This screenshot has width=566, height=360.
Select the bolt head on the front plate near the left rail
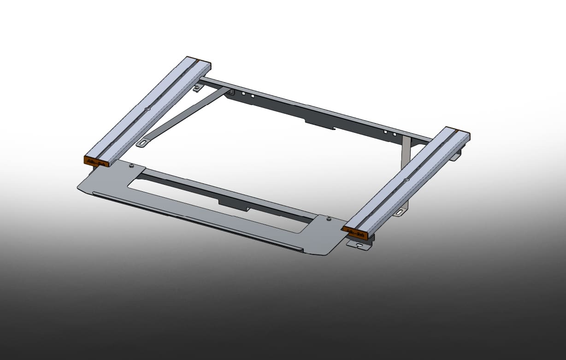[132, 165]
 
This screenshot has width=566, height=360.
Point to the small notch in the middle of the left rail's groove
[147, 109]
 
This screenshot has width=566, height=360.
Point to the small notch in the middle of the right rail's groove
[405, 179]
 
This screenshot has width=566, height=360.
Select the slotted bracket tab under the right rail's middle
[400, 212]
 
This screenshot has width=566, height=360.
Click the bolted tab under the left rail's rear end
[199, 88]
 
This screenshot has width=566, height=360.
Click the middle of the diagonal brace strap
[184, 116]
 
